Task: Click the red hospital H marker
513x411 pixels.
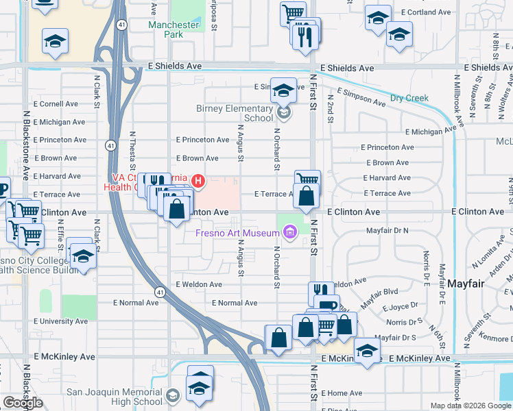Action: coord(198,181)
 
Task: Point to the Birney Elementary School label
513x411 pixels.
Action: coord(240,113)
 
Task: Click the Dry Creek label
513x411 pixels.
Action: coord(409,98)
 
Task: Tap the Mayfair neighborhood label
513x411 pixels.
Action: coord(469,283)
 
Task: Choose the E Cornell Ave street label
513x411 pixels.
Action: coord(55,104)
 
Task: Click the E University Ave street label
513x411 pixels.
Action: coord(60,321)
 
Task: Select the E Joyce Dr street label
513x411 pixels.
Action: coord(401,308)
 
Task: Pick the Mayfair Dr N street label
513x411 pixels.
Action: coord(387,231)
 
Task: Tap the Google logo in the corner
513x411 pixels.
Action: coord(23,403)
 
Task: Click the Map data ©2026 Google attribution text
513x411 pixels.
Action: coord(470,406)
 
